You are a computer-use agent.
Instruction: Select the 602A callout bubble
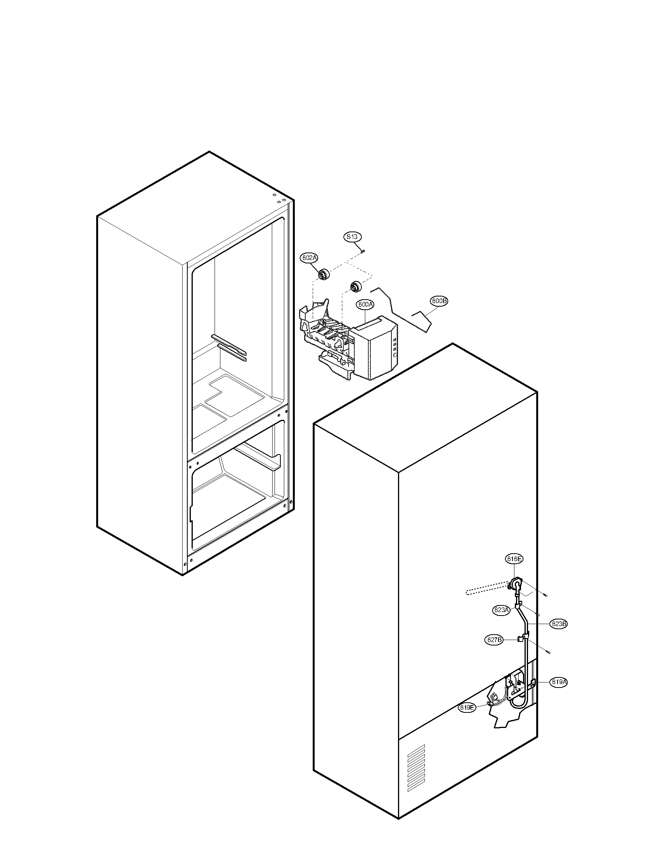[309, 258]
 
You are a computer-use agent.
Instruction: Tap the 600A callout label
[366, 304]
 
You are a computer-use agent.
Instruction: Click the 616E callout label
[513, 559]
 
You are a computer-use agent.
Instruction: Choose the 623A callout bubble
[502, 610]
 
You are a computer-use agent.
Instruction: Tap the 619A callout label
[559, 682]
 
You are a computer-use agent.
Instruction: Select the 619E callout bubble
[467, 707]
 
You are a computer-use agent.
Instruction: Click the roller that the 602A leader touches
[324, 275]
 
